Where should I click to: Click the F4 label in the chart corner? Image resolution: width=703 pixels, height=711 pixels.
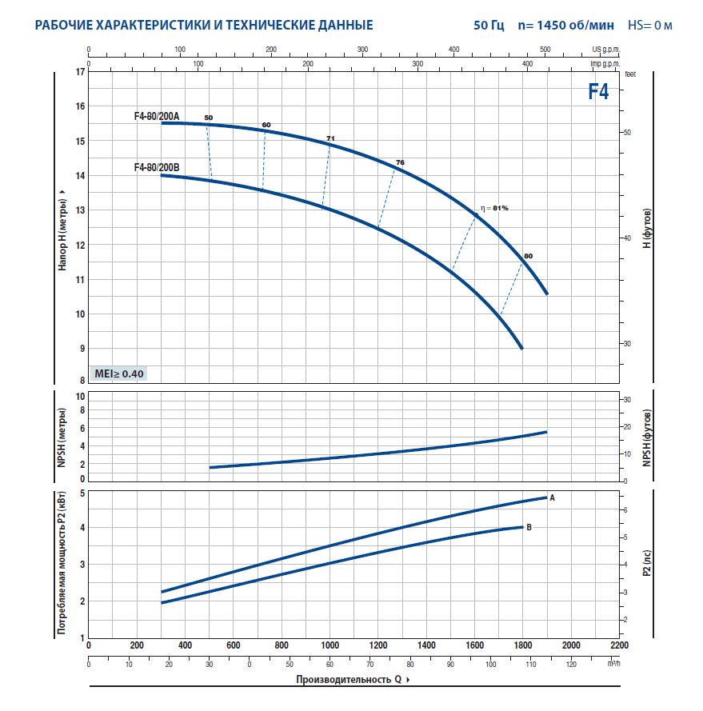pos(598,91)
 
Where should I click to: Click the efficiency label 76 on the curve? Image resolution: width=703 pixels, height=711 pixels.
pos(400,162)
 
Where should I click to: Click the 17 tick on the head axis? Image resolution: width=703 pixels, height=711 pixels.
pos(79,72)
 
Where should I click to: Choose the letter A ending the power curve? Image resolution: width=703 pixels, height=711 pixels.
pos(552,497)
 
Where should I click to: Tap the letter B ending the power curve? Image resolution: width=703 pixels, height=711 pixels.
pos(529,527)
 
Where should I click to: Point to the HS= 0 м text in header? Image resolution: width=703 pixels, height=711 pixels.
pos(649,26)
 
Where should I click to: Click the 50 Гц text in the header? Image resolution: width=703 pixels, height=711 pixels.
pos(489,26)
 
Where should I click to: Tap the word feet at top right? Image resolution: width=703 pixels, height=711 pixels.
pos(629,73)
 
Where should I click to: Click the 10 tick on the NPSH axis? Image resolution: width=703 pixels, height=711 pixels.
pos(79,397)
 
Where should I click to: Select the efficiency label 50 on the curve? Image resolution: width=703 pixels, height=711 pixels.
pos(209,118)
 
